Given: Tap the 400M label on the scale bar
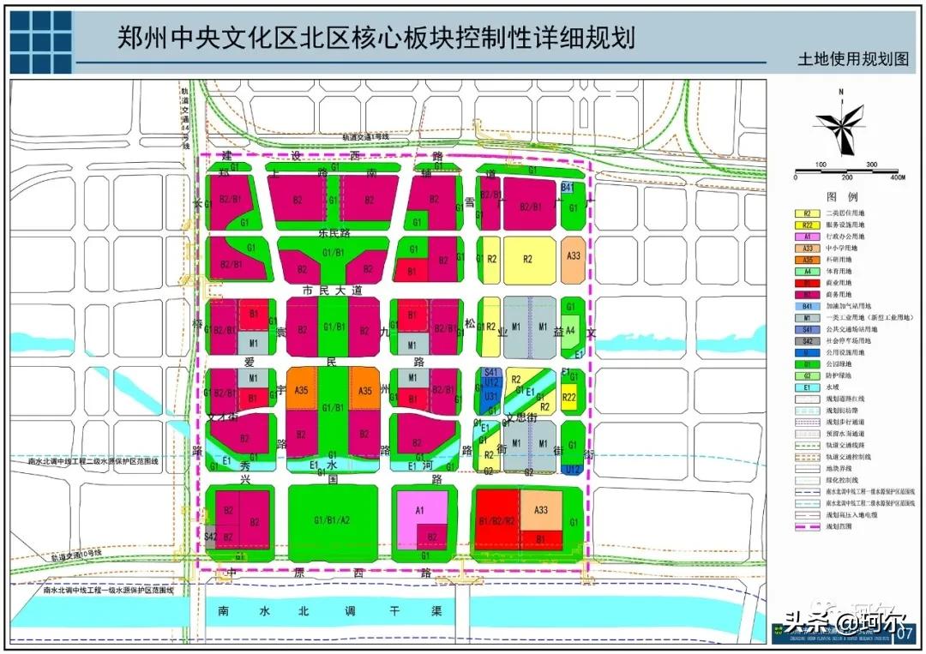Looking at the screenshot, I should click(x=897, y=177).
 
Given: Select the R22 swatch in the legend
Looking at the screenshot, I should click(x=807, y=225).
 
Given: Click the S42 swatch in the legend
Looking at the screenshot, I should click(x=807, y=341).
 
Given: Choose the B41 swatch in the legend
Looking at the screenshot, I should click(x=807, y=306).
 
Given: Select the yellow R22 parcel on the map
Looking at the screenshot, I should click(x=568, y=397).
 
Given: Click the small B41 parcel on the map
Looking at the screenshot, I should click(x=567, y=187).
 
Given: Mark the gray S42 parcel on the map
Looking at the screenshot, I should click(x=210, y=537).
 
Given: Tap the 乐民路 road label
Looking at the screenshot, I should click(x=331, y=232).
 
